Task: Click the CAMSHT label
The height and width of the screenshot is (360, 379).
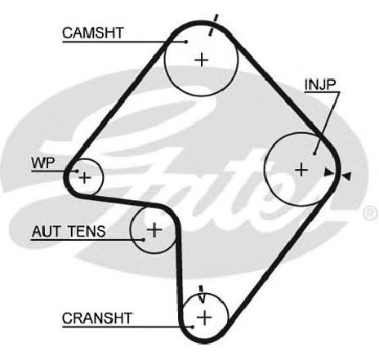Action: coord(93,33)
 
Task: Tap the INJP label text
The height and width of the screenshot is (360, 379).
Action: coord(320,84)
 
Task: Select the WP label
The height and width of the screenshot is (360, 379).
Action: coord(43,162)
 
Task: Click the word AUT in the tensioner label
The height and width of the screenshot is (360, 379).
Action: coord(46,231)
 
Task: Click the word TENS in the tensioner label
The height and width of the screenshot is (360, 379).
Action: coord(87,231)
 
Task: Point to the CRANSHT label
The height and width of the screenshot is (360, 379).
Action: coord(97,318)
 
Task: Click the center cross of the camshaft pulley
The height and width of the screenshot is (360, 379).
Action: coord(202,60)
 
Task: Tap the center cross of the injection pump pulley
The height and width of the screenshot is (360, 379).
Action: coord(301,170)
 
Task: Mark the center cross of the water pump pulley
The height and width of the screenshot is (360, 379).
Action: coord(85,178)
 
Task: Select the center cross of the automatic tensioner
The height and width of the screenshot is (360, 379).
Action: coord(154,229)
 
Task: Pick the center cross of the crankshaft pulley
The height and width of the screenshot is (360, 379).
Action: coord(204,318)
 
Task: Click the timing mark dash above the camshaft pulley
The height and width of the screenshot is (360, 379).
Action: coord(213,24)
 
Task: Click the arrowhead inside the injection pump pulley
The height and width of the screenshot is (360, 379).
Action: coord(329,172)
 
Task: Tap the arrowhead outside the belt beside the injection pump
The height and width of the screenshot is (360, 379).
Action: coord(346,176)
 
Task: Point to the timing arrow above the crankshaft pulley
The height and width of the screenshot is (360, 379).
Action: coord(202,294)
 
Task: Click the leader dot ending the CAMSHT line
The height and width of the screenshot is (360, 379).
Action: coord(186,42)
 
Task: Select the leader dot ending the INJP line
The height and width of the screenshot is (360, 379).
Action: coord(314,153)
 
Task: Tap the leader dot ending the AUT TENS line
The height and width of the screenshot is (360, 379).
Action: coord(144,240)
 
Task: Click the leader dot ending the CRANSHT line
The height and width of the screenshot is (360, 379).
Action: coord(193,327)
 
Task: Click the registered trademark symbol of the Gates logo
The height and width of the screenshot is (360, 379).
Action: coord(371,213)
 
